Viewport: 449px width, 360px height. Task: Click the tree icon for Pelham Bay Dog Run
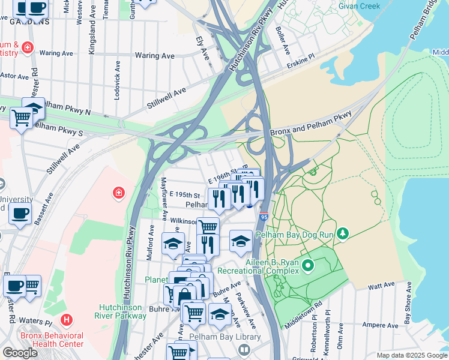[343, 232]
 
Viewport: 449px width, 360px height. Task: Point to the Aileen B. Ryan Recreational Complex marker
[308, 265]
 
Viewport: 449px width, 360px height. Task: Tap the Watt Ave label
[381, 284]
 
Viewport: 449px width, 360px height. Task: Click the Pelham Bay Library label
[225, 337]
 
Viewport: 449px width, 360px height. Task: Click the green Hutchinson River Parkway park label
[122, 311]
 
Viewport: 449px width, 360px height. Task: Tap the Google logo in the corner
[20, 353]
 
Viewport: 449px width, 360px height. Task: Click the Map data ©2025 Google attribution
[411, 355]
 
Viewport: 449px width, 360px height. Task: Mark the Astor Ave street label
[14, 76]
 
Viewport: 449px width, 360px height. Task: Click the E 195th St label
[184, 195]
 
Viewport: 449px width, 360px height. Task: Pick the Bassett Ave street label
[43, 208]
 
